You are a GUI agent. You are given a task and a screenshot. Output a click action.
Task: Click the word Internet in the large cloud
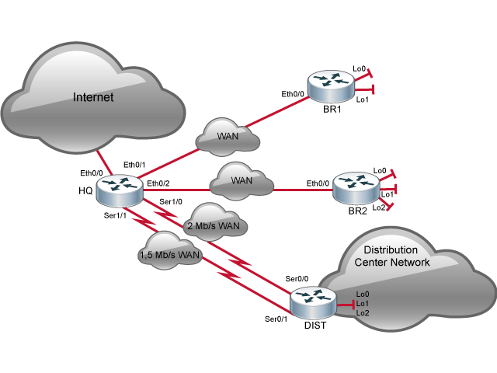pyautogui.click(x=93, y=97)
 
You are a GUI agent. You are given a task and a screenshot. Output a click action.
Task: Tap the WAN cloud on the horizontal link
pyautogui.click(x=242, y=180)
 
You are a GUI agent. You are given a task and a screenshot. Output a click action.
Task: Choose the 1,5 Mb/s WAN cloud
pyautogui.click(x=169, y=252)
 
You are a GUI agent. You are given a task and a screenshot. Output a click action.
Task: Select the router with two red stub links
pyautogui.click(x=328, y=85)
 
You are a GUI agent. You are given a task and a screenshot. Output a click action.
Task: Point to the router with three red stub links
pyautogui.click(x=355, y=188)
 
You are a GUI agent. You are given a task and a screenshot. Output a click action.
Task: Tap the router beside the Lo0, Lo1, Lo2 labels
pyautogui.click(x=313, y=302)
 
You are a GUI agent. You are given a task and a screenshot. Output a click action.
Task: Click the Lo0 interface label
pyautogui.click(x=363, y=294)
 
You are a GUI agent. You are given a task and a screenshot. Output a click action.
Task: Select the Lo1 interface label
pyautogui.click(x=363, y=303)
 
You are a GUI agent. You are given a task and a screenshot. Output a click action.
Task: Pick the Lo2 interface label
pyautogui.click(x=363, y=312)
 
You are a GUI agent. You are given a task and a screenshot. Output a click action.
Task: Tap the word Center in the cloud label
pyautogui.click(x=370, y=262)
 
